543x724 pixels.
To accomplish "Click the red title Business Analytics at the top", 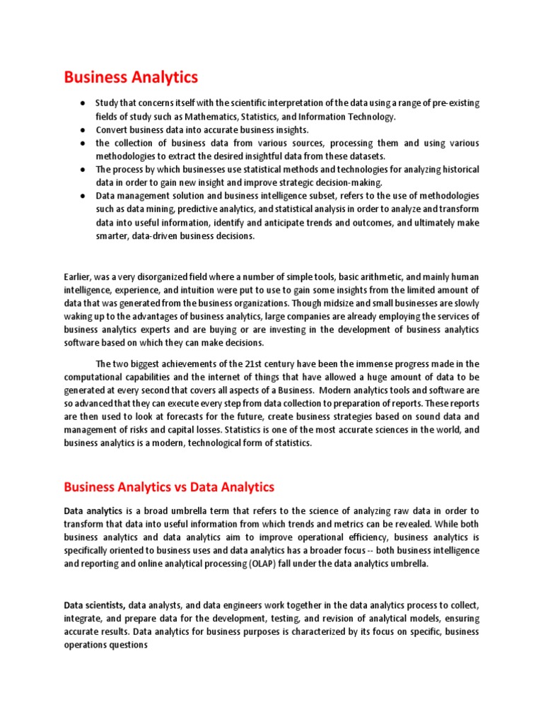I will point(131,76).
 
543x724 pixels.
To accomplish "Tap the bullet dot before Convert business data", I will point(83,130).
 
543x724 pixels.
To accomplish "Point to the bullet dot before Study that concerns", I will point(83,103).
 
